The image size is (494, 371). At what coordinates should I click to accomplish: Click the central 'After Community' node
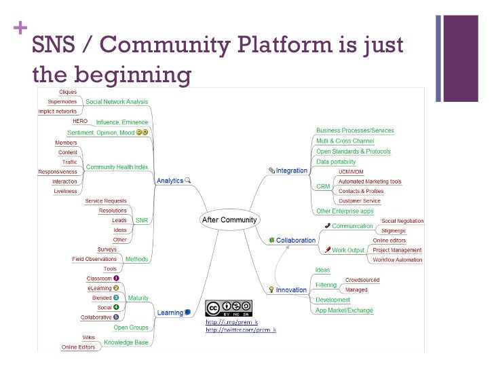(227, 219)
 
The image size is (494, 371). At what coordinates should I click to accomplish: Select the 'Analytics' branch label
(170, 181)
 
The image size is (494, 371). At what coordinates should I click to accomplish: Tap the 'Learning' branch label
(170, 313)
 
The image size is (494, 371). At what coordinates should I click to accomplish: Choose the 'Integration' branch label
(292, 171)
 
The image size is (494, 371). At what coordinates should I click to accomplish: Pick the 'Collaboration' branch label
(295, 240)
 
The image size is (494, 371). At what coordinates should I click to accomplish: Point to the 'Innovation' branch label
(292, 289)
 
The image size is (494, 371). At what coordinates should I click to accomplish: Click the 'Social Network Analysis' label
(116, 101)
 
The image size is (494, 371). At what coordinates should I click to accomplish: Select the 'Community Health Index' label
(116, 167)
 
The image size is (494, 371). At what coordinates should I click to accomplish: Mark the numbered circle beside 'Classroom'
(116, 279)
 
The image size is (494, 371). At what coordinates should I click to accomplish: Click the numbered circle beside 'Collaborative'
(116, 317)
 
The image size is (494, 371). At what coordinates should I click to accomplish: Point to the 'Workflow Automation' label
(397, 260)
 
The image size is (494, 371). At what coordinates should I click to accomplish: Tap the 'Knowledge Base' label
(126, 342)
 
